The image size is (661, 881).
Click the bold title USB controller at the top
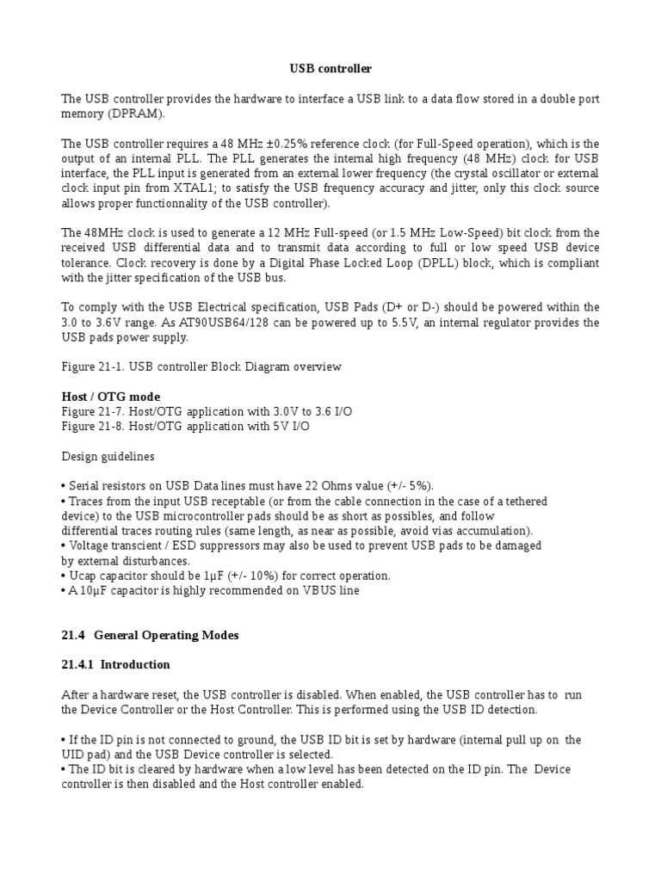(x=330, y=68)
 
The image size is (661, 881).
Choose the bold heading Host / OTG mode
(x=111, y=397)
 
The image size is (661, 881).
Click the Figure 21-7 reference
(x=98, y=411)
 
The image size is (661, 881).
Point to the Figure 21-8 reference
(x=98, y=426)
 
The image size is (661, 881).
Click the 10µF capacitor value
(x=93, y=590)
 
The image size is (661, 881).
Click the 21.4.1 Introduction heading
(x=116, y=664)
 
